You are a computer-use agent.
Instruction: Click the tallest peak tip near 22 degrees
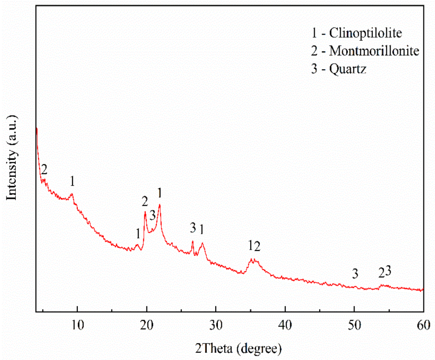[x=160, y=205]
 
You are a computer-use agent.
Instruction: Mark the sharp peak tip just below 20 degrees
[x=145, y=213]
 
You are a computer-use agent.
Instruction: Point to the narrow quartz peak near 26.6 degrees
[x=192, y=241]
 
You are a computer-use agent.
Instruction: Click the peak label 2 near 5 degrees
[x=44, y=170]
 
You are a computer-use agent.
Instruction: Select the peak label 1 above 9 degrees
[x=72, y=182]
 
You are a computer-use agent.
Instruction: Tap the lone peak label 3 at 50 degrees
[x=355, y=273]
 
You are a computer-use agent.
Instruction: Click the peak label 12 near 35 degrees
[x=254, y=247]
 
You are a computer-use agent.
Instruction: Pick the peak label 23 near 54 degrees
[x=385, y=272]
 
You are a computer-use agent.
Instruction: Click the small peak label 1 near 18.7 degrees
[x=138, y=234]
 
